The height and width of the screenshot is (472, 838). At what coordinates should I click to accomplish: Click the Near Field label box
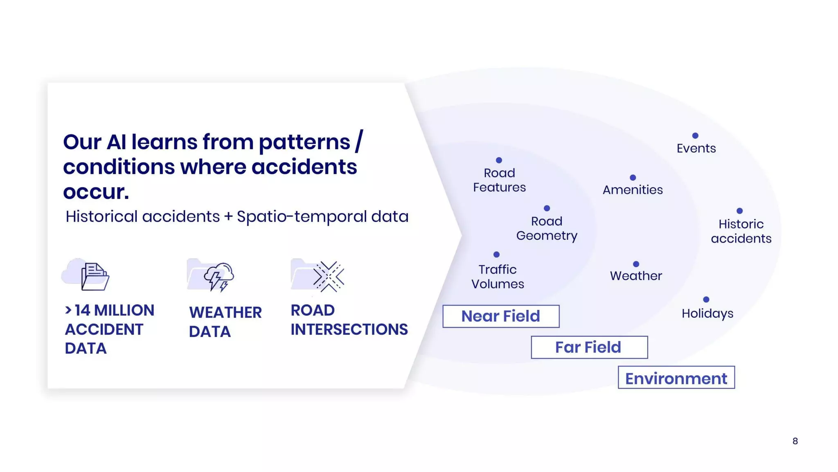pos(501,316)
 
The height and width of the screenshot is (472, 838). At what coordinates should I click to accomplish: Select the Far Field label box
pos(589,347)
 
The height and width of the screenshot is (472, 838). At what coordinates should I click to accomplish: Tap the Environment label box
pos(676,377)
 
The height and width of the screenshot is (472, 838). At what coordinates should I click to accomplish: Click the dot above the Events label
pos(695,136)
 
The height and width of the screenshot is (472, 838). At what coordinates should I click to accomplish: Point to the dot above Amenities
pos(633,177)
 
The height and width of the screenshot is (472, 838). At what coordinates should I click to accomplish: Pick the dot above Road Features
pos(499,160)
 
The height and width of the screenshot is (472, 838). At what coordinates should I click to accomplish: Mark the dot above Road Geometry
pos(547,208)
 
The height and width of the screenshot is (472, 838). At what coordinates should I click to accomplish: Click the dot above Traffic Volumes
pos(496,254)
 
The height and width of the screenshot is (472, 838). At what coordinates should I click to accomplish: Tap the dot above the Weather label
pos(636,264)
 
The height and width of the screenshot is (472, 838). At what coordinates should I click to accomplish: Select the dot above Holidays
pos(706,300)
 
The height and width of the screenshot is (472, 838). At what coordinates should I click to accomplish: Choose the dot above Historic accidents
pos(739,211)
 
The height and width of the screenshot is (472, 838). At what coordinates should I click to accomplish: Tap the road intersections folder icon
pos(318,275)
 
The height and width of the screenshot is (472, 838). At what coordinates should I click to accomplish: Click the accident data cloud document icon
pos(86,275)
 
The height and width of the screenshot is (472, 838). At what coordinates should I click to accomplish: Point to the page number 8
pos(795,441)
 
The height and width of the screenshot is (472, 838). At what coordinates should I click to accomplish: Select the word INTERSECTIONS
pos(349,329)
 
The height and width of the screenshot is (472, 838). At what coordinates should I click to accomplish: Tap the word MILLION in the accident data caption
pos(124,311)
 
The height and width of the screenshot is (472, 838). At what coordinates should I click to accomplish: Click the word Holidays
pos(707,313)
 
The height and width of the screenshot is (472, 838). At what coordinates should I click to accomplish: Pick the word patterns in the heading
pos(304,143)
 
